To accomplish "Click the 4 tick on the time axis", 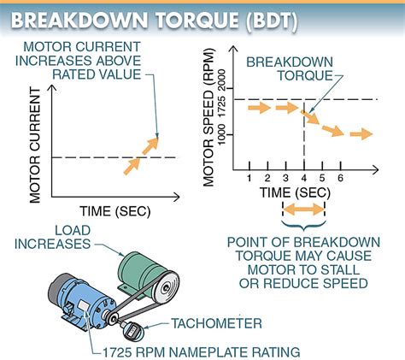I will (305, 177).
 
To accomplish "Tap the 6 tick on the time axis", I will (342, 177).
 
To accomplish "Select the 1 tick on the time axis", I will (249, 177).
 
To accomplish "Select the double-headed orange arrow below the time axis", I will (305, 209).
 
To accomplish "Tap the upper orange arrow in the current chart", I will (150, 145).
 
